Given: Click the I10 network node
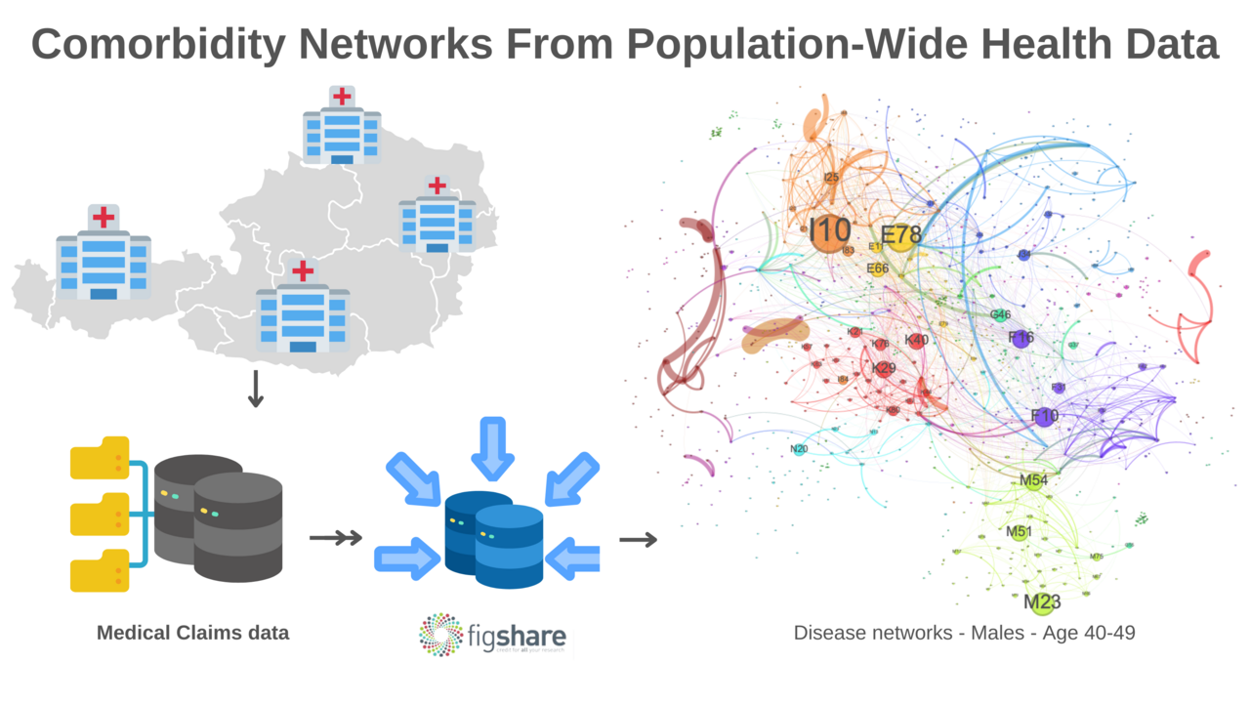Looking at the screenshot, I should click(x=829, y=232).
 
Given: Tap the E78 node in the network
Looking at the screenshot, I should click(x=899, y=236).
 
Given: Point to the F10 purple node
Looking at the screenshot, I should click(x=1045, y=416).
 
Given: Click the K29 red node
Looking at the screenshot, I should click(x=884, y=369).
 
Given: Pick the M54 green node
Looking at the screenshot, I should click(x=1033, y=480).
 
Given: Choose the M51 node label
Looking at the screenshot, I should click(x=1019, y=532).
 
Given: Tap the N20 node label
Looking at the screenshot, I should click(x=799, y=449).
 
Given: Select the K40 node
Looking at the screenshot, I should click(x=916, y=340).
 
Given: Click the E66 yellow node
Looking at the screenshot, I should click(x=877, y=269).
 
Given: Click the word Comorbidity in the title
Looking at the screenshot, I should click(x=157, y=45).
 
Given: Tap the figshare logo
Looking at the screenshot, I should click(x=492, y=634).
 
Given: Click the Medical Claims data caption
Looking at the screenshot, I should click(x=192, y=633).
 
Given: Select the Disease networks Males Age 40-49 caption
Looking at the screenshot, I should click(x=964, y=633).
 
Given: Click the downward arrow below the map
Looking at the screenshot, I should click(x=256, y=388).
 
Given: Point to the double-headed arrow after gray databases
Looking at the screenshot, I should click(x=335, y=537).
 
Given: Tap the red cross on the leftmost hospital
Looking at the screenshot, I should click(x=103, y=217).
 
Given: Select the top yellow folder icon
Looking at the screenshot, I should click(x=100, y=458).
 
